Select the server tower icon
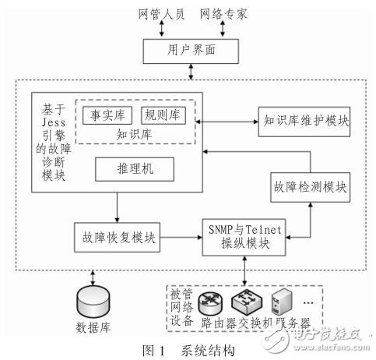[285, 300]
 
